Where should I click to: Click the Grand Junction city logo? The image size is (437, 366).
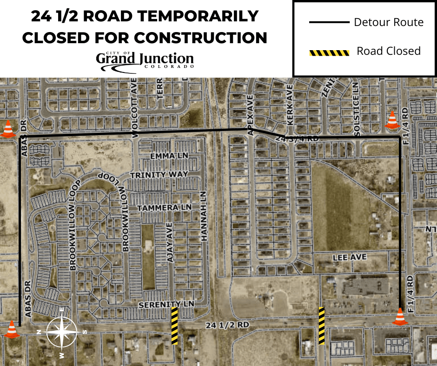[x=145, y=61]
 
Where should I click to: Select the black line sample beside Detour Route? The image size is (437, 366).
[x=329, y=22]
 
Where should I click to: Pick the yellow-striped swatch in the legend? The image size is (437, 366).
[x=329, y=52]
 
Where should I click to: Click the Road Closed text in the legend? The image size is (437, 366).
[x=388, y=51]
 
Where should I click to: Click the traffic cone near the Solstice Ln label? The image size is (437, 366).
[x=392, y=120]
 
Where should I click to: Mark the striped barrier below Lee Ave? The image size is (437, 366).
[x=321, y=325]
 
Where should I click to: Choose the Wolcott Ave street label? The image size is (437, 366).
[x=135, y=112]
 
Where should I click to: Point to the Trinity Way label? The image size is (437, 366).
[x=159, y=175]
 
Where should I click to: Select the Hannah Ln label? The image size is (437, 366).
[x=203, y=216]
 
